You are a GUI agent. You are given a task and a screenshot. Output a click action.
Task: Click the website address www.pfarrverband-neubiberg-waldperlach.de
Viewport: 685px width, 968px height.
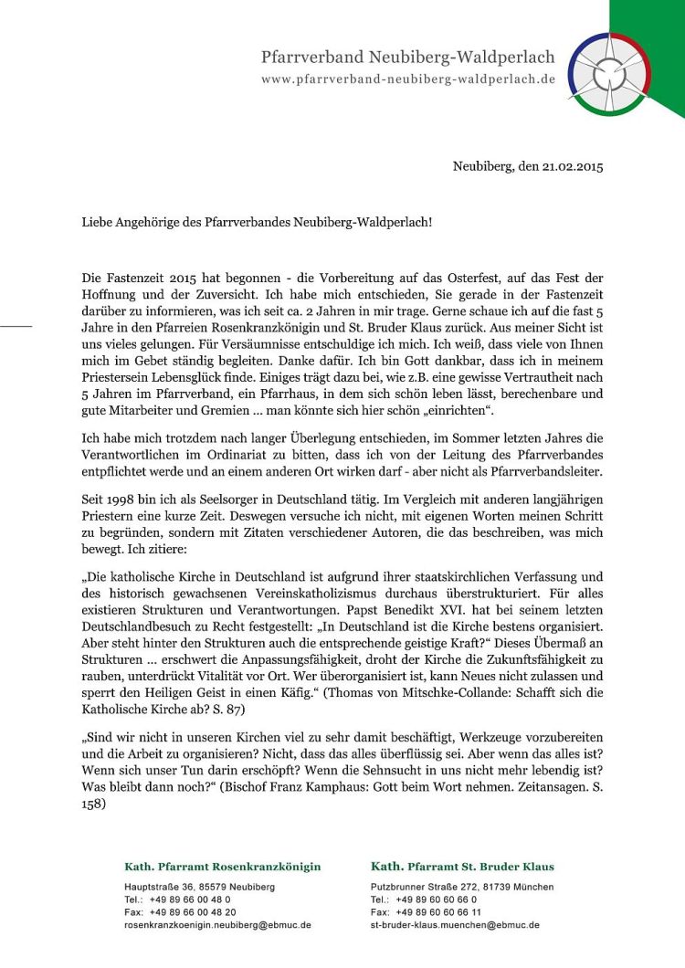coord(408,79)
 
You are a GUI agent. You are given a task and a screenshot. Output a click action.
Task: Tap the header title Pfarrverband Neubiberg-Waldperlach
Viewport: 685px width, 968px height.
coord(407,58)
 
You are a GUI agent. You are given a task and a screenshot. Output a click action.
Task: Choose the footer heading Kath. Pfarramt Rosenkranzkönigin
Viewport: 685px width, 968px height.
coord(222,867)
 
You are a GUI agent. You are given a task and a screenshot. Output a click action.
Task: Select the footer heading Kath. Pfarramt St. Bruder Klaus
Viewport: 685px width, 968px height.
coord(462,867)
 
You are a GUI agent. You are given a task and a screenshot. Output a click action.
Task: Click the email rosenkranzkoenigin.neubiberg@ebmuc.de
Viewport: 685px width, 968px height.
coord(217,925)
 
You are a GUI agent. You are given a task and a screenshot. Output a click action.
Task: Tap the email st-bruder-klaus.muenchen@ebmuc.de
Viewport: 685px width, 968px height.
coord(455,925)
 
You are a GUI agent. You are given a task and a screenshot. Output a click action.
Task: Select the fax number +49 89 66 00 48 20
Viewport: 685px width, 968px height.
coord(193,912)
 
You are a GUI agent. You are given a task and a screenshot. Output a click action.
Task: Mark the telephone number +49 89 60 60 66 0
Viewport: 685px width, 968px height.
coord(436,900)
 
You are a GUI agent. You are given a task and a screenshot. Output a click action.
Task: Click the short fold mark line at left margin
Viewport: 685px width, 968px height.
coord(16,324)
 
